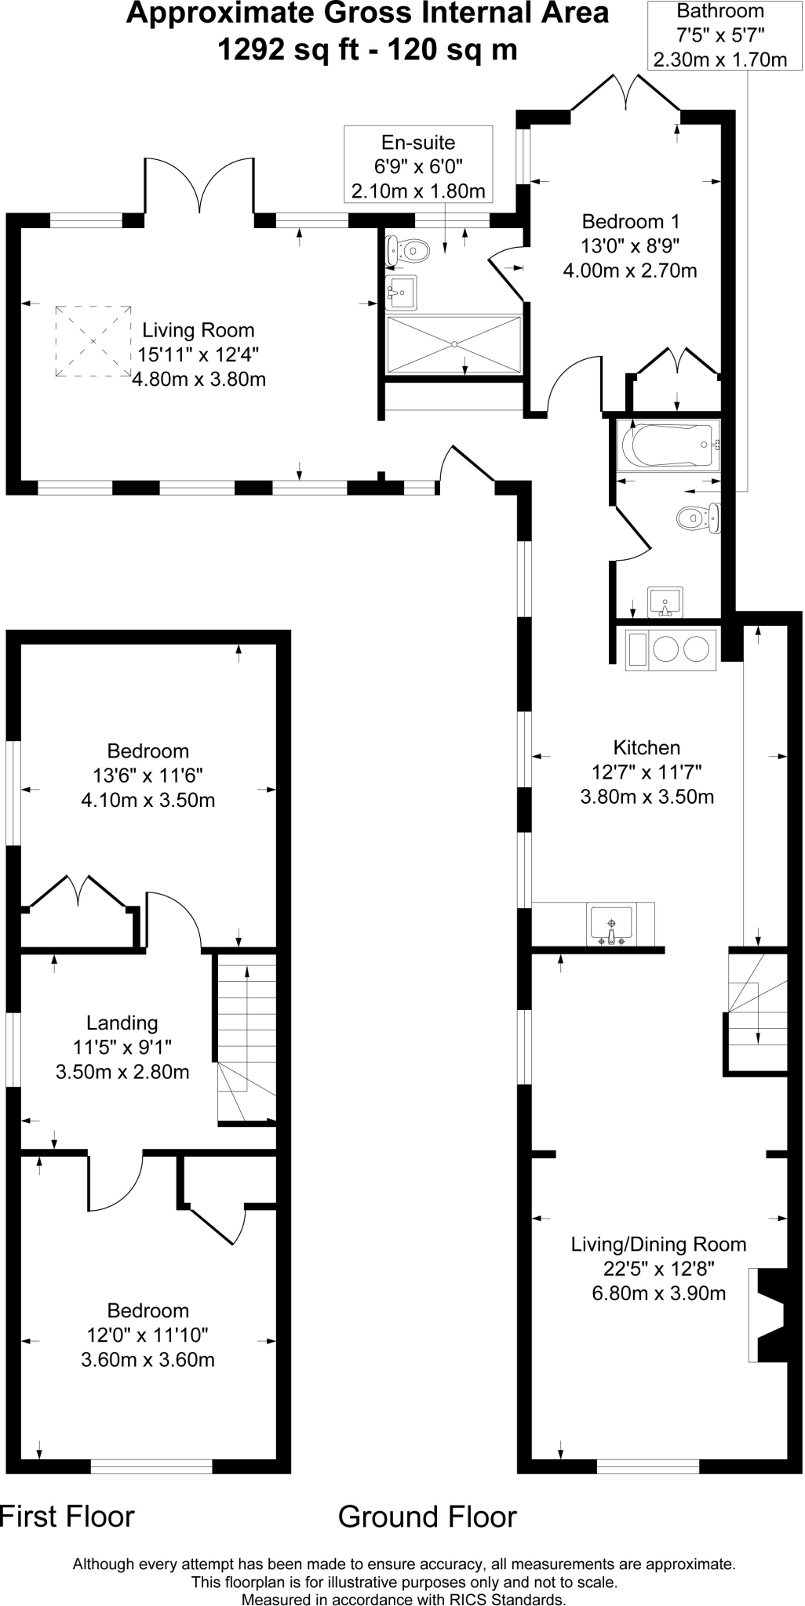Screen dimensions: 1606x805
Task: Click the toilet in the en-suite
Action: [x=408, y=251]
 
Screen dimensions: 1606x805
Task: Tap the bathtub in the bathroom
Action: [x=668, y=445]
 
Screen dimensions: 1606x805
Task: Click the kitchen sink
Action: [x=611, y=925]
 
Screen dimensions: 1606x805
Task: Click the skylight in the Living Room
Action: [x=93, y=341]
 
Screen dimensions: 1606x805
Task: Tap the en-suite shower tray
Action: [x=454, y=343]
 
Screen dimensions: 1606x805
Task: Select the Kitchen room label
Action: [x=647, y=747]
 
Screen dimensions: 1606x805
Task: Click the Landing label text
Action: [x=122, y=1023]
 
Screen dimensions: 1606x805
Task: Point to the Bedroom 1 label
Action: [x=630, y=221]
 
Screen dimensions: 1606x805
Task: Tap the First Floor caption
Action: [x=67, y=1517]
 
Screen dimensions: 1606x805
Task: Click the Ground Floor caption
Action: [x=427, y=1517]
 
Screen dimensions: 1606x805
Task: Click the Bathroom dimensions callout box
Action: [x=719, y=35]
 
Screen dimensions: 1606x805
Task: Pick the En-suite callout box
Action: [x=418, y=165]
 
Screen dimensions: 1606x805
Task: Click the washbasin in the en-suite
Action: [x=401, y=292]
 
